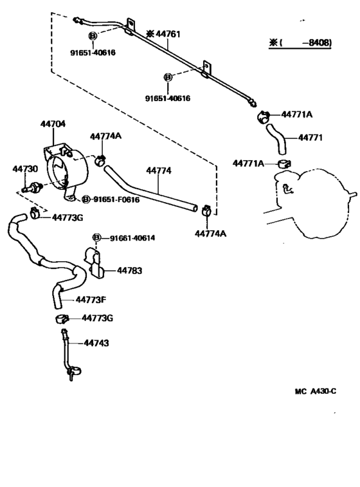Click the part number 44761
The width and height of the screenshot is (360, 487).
168,34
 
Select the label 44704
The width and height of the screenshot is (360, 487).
53,124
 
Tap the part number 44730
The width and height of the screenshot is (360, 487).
25,169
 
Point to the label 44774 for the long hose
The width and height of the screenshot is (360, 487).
159,170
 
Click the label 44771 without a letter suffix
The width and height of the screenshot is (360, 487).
310,138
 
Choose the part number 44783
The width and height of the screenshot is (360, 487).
129,271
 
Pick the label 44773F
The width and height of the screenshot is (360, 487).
91,300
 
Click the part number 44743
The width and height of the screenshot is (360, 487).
96,343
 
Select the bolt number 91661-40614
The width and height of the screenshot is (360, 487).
132,238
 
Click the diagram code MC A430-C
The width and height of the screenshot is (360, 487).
315,391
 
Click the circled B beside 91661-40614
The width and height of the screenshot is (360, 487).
97,238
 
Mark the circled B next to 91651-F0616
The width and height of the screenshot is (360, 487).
86,199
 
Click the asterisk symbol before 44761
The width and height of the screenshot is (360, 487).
150,34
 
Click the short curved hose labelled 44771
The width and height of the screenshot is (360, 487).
277,139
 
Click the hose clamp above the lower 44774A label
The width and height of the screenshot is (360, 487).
206,210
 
